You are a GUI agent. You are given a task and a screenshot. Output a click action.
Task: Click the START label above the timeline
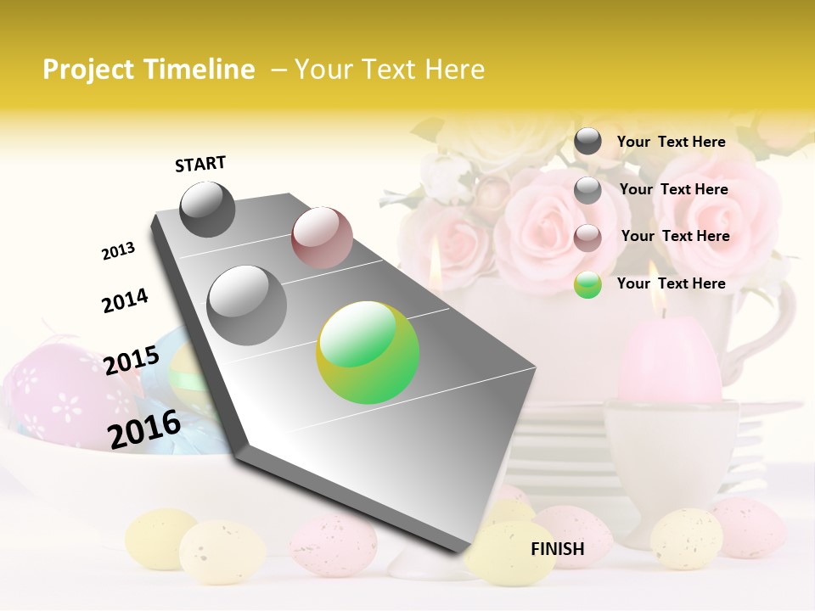pos(200,164)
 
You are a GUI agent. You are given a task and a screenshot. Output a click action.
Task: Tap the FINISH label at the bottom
pos(557,549)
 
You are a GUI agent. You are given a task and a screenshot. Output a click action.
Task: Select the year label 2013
pos(118,250)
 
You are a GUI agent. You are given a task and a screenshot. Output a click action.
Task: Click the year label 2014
pos(125,300)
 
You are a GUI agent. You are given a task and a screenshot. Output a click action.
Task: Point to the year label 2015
pos(131,360)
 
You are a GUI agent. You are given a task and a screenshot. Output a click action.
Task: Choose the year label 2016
pos(144,429)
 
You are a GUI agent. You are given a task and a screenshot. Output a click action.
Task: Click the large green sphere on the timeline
pos(368,352)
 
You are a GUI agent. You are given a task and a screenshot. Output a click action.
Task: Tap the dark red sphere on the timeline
pos(322,238)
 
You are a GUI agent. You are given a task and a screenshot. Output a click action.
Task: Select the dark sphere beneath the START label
pos(207,209)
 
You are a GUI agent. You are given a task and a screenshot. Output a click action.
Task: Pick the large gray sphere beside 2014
pos(246,305)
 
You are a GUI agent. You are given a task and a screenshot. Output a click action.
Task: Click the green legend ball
pos(587,284)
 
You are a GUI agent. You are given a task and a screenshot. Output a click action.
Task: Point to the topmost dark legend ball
pos(587,142)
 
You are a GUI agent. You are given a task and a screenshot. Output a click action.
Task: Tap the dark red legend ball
pos(587,237)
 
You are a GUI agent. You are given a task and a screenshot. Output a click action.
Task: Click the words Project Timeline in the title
pos(149,70)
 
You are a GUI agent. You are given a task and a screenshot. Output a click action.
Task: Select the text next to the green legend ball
pos(671,283)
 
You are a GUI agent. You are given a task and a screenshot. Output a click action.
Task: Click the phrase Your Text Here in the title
pos(389,70)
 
